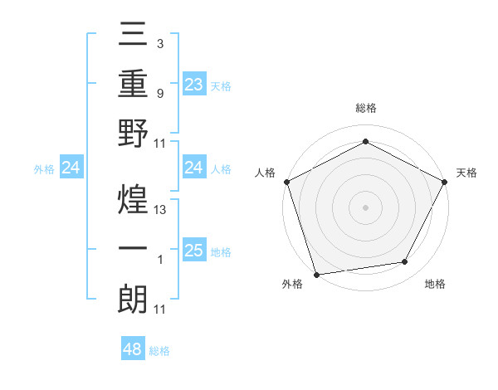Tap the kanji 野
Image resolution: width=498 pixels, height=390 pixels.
(133, 134)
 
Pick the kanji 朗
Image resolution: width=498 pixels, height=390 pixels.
(133, 299)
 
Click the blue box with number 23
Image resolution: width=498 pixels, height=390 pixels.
(193, 84)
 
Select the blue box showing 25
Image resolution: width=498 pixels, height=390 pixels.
(193, 251)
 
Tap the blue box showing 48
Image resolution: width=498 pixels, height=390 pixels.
(133, 349)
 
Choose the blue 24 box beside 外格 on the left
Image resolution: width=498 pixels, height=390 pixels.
(71, 168)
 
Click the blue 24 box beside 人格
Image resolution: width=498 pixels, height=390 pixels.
(193, 168)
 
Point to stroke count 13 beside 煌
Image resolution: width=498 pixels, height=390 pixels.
(161, 210)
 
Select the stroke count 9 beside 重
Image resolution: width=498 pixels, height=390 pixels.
(159, 93)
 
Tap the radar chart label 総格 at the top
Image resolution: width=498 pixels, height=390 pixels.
(365, 109)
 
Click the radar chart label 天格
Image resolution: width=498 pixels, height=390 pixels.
(466, 173)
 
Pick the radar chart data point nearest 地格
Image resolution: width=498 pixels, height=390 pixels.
(405, 262)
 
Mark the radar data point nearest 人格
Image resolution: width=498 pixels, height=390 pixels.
(286, 181)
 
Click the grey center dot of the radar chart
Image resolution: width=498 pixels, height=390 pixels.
(365, 207)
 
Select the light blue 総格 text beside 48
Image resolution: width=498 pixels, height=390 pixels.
(159, 351)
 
